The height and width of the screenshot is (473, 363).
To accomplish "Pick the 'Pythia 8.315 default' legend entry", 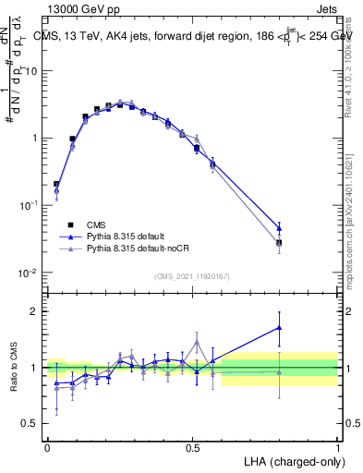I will click(119, 236).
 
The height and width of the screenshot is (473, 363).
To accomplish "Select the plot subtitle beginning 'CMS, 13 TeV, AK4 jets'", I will click(185, 35).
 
